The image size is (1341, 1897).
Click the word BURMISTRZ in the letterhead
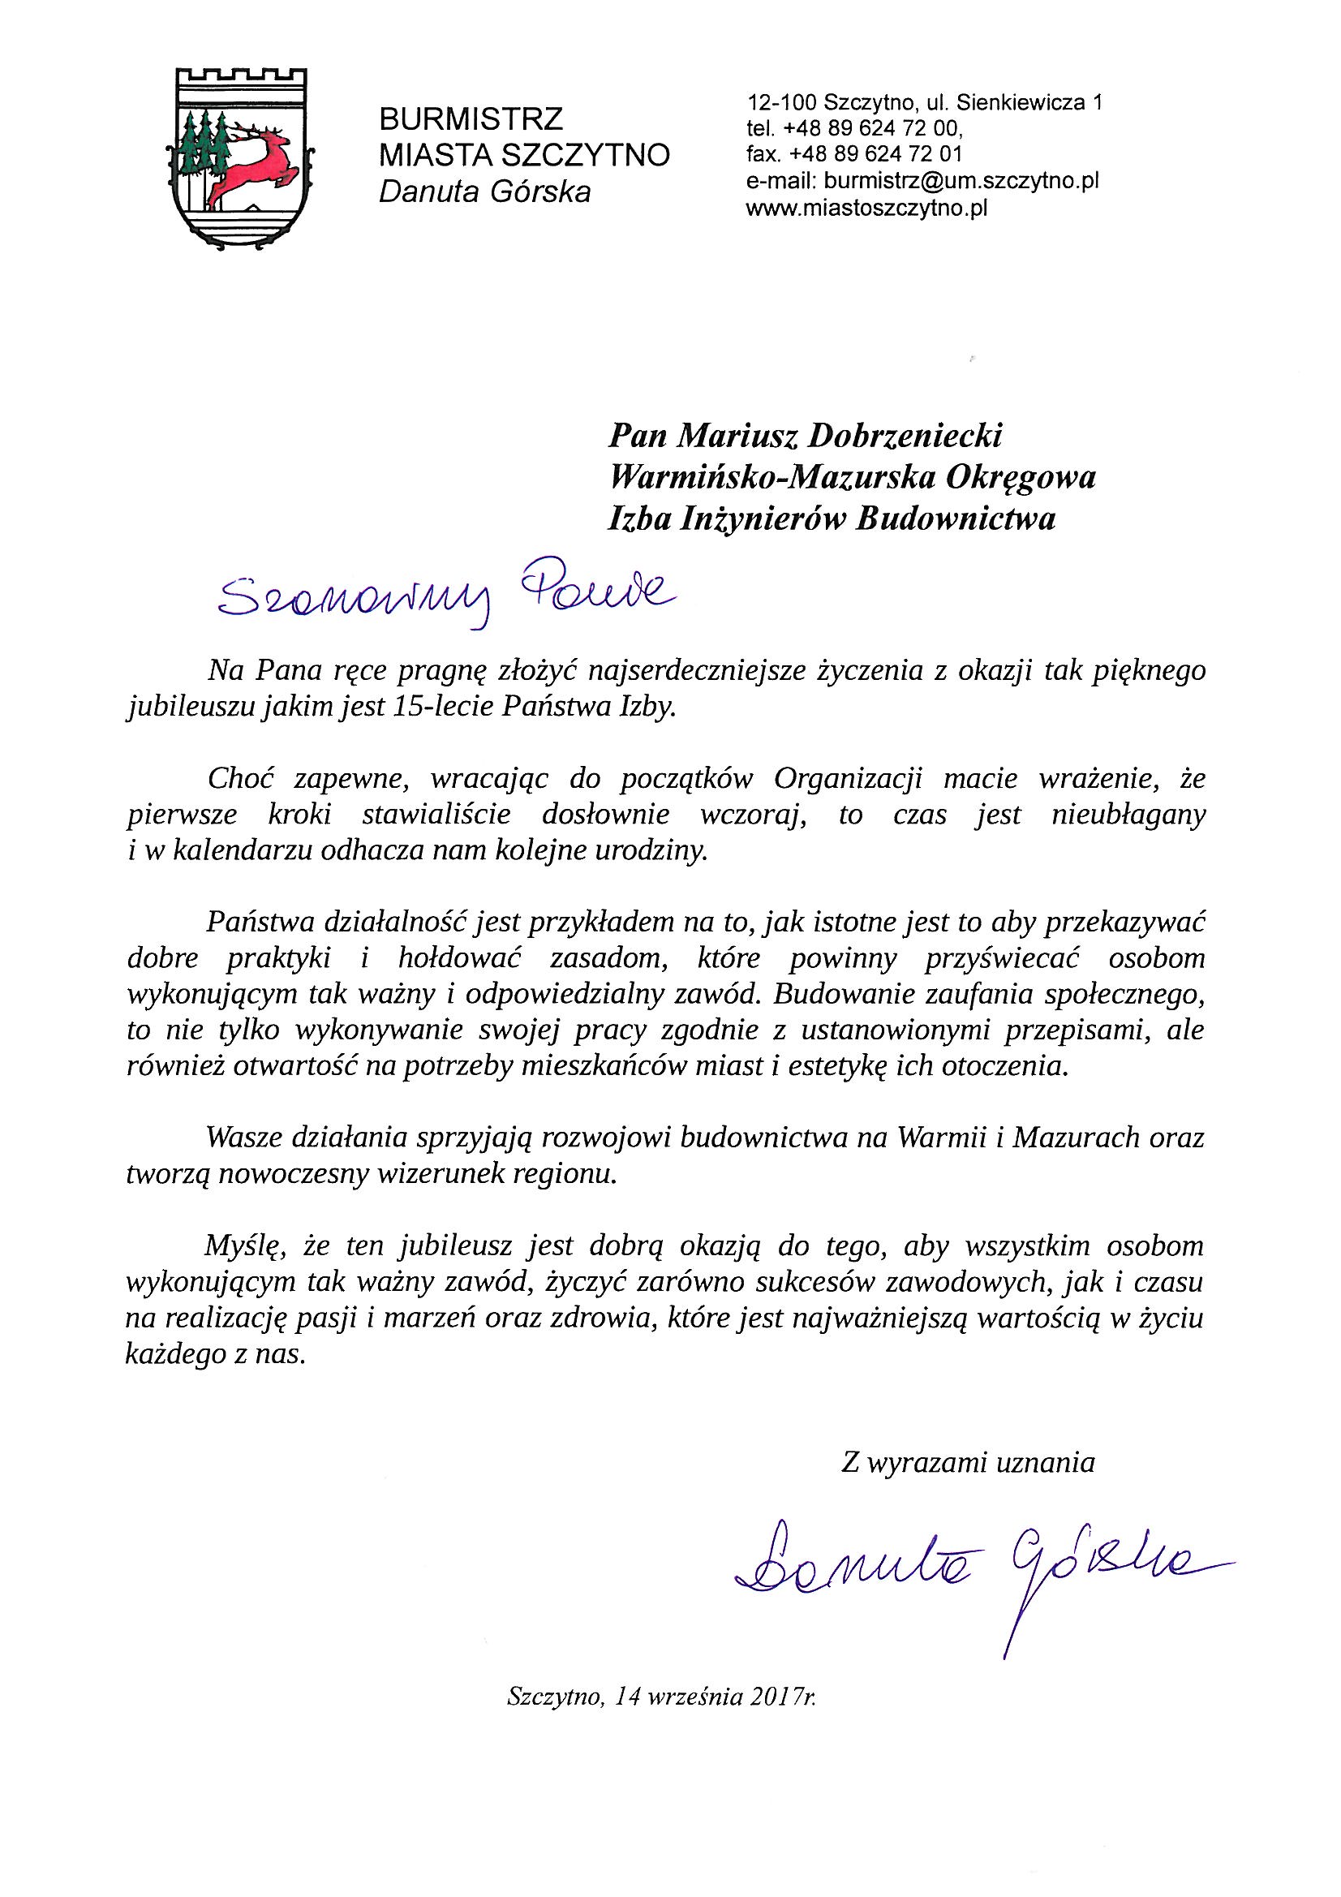(471, 120)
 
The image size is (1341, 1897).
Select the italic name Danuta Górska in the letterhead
(484, 192)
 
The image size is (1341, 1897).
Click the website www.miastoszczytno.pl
(866, 209)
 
